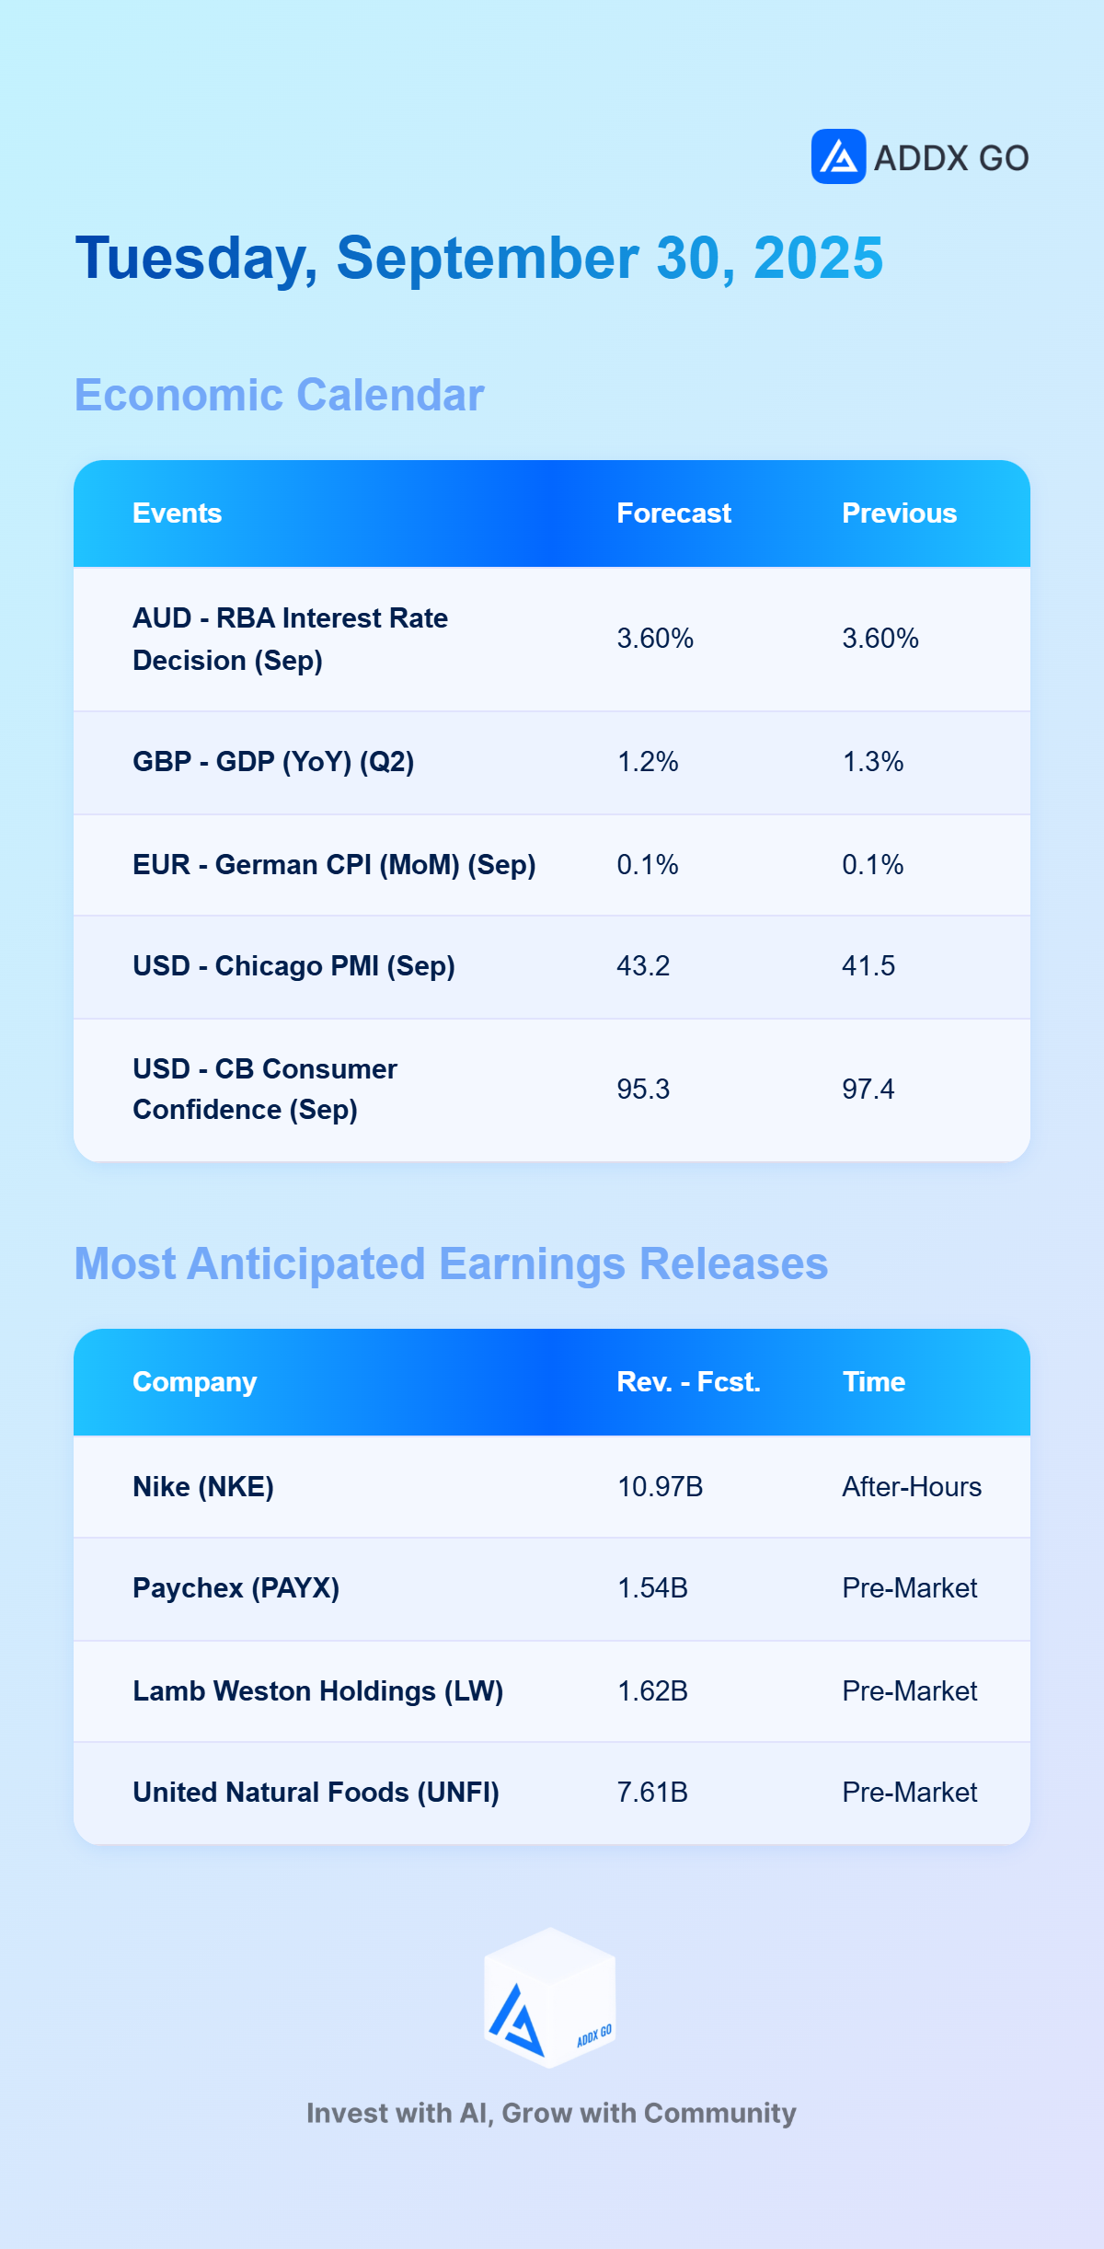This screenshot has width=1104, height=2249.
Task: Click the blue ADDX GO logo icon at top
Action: [x=838, y=156]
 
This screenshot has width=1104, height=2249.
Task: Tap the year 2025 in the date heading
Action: [x=818, y=258]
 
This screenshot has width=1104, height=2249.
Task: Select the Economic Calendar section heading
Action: [x=279, y=395]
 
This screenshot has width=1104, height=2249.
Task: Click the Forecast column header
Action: [x=673, y=513]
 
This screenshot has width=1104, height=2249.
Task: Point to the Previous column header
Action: [x=899, y=513]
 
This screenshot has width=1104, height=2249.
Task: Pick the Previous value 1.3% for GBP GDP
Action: [x=872, y=762]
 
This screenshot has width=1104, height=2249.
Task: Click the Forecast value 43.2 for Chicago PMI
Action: [x=643, y=966]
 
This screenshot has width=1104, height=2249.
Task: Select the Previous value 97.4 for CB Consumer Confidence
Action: [x=868, y=1090]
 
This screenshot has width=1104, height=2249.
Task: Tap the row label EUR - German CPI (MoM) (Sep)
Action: [x=334, y=865]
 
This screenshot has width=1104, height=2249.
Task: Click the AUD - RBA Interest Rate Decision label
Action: [x=290, y=640]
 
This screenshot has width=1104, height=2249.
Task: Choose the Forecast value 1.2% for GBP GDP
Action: [x=647, y=762]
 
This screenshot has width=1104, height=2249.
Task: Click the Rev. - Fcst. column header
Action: [x=688, y=1382]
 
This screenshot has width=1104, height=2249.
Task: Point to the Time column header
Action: [x=873, y=1382]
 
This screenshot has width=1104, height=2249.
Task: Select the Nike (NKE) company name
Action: [x=203, y=1487]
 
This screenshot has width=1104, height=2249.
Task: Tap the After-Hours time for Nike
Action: [x=912, y=1487]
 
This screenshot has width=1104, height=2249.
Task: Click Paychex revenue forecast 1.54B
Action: [x=652, y=1588]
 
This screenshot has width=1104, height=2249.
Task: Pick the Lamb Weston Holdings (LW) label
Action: [x=317, y=1691]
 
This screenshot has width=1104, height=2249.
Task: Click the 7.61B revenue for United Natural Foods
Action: [x=652, y=1793]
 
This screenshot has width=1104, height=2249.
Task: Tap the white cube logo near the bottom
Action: [x=550, y=1997]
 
